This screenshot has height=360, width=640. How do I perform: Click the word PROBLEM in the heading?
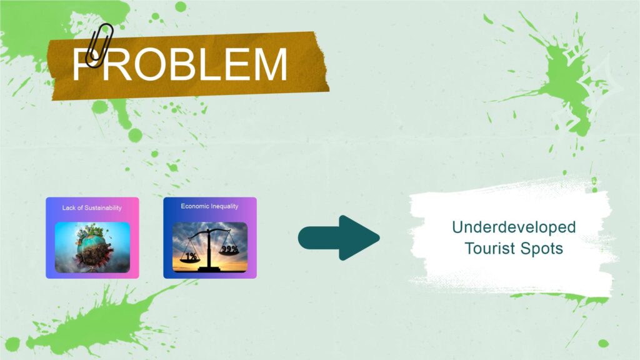coord(180,64)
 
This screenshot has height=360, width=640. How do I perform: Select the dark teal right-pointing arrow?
coord(339,237)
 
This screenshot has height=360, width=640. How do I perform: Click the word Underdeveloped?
coord(514,227)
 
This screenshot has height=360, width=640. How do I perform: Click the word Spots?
coord(545,249)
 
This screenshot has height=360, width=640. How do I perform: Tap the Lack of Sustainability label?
coord(92,207)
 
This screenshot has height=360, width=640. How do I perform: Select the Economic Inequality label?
coord(209,206)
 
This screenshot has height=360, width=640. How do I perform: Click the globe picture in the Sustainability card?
coord(92,247)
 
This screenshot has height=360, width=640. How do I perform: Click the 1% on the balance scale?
coord(191,256)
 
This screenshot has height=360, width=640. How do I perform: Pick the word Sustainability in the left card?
coord(103,207)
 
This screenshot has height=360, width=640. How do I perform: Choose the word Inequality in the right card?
coord(224,206)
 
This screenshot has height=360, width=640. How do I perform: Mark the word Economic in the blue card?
coord(195,206)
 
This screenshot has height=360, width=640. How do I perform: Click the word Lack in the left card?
coord(69,207)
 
